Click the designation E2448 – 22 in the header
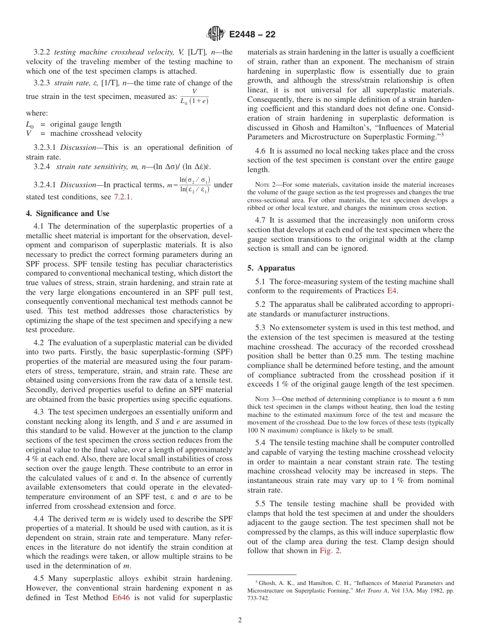point(252,35)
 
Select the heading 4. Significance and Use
point(67,213)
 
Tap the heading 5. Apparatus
point(271,268)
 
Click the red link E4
point(392,291)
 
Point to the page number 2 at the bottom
point(240,620)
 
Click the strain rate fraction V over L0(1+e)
point(194,97)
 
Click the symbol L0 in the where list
point(30,124)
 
